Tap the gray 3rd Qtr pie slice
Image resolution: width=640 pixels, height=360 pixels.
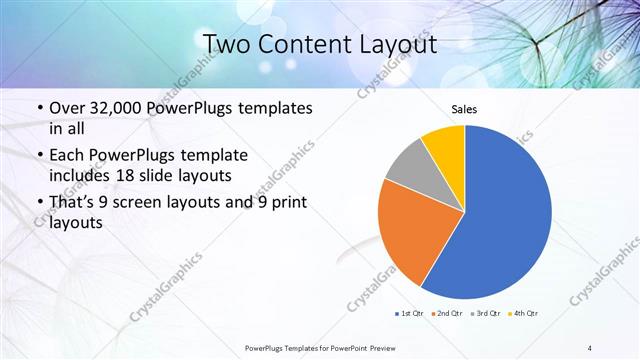407,168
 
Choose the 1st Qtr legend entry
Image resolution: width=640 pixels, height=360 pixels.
410,313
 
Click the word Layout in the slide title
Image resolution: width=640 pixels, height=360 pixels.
394,44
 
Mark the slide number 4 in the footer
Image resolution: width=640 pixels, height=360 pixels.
590,347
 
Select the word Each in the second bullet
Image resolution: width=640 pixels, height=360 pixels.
68,155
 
